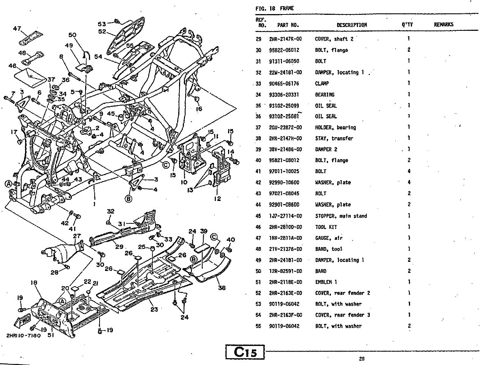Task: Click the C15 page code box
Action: pyautogui.click(x=245, y=352)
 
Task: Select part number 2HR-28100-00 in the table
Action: pyautogui.click(x=285, y=227)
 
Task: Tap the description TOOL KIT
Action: pyautogui.click(x=326, y=227)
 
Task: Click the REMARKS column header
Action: pyautogui.click(x=444, y=25)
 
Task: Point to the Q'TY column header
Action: pyautogui.click(x=407, y=25)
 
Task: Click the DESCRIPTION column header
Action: pyautogui.click(x=352, y=25)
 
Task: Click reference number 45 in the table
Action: pyautogui.click(x=258, y=216)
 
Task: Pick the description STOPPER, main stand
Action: pyautogui.click(x=341, y=216)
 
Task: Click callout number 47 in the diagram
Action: pyautogui.click(x=17, y=29)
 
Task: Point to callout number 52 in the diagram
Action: pyautogui.click(x=102, y=32)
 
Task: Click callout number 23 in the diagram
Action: pyautogui.click(x=154, y=309)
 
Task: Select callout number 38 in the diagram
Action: pyautogui.click(x=222, y=288)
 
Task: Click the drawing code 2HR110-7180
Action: pyautogui.click(x=23, y=336)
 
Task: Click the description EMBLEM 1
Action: pyautogui.click(x=326, y=282)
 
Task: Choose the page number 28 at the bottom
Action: pyautogui.click(x=361, y=358)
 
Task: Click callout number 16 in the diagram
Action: pyautogui.click(x=199, y=109)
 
